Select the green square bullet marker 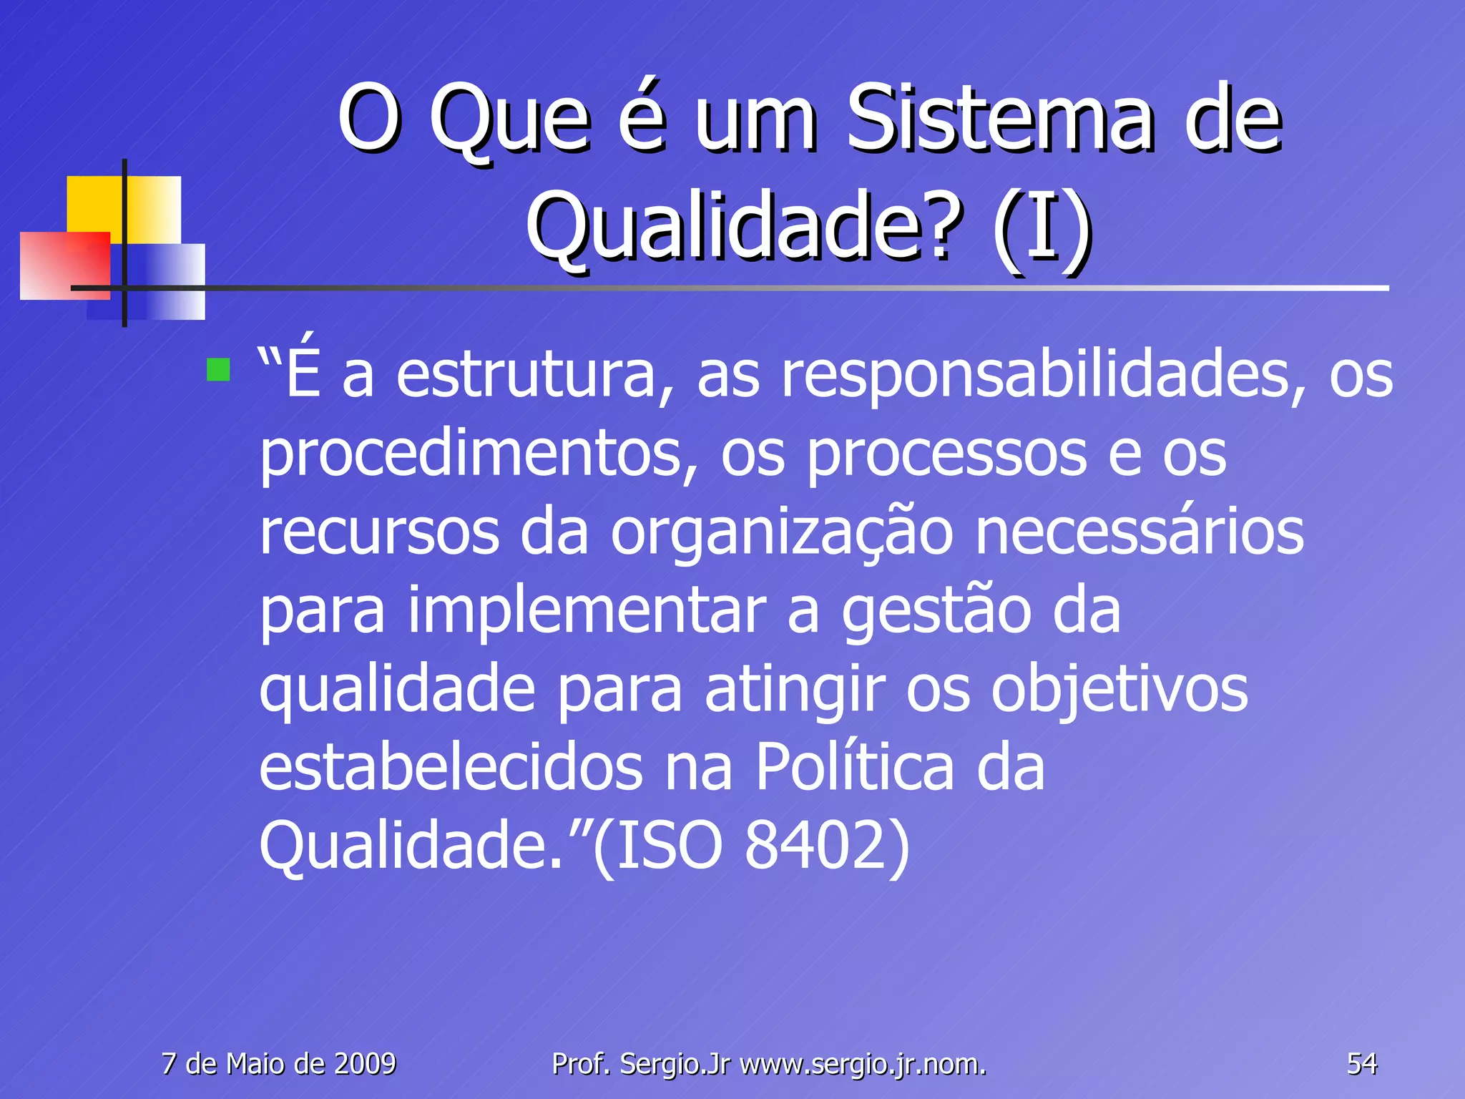tap(217, 370)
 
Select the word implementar tap(587, 612)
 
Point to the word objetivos tap(1119, 691)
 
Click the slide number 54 tap(1361, 1064)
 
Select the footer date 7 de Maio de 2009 tap(279, 1064)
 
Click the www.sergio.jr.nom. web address tap(863, 1065)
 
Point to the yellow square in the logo tap(97, 204)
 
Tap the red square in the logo tap(64, 265)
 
